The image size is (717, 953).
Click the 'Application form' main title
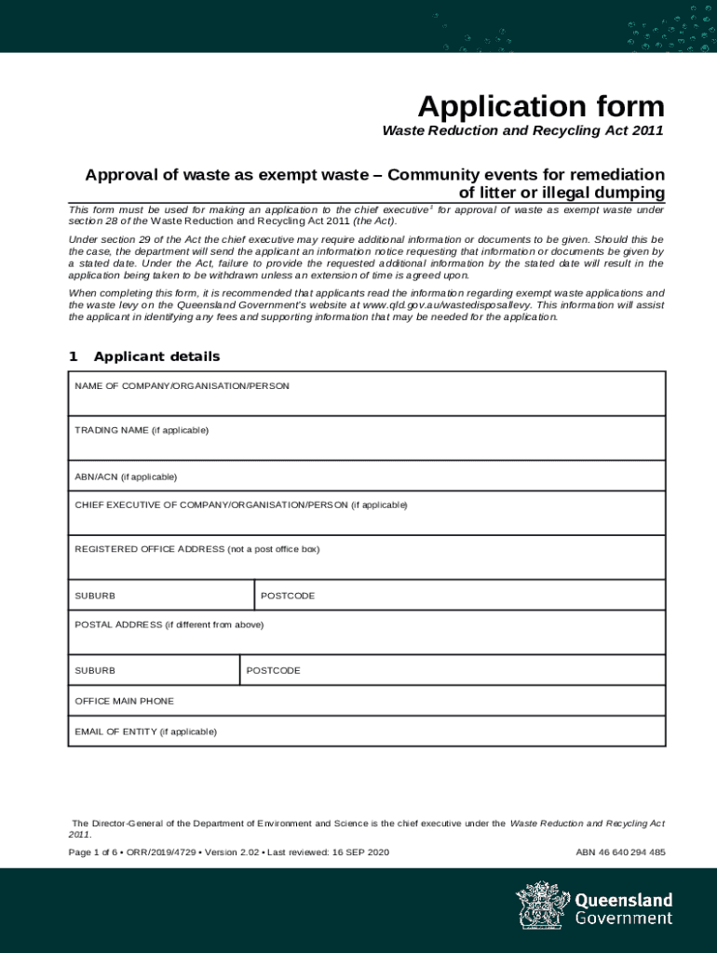(x=540, y=106)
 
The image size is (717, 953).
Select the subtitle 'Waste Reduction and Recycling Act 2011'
(x=522, y=131)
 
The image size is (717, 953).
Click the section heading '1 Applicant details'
(x=144, y=356)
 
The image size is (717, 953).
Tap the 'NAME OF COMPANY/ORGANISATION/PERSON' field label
(x=182, y=385)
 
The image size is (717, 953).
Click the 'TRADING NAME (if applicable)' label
(x=142, y=430)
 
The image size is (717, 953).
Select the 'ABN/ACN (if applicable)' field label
(x=126, y=476)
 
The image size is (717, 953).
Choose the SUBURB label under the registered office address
(x=95, y=596)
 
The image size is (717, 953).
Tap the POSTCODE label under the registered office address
(x=288, y=596)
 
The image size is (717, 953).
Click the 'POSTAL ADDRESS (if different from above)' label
(x=169, y=624)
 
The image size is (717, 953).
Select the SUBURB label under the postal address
(x=95, y=670)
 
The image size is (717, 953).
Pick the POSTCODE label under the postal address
(x=273, y=670)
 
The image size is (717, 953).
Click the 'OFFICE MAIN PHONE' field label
(x=124, y=701)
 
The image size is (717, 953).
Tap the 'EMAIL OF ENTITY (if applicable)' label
(x=145, y=732)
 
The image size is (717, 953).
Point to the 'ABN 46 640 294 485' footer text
(x=620, y=852)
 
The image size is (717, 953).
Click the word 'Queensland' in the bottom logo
(x=623, y=900)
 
